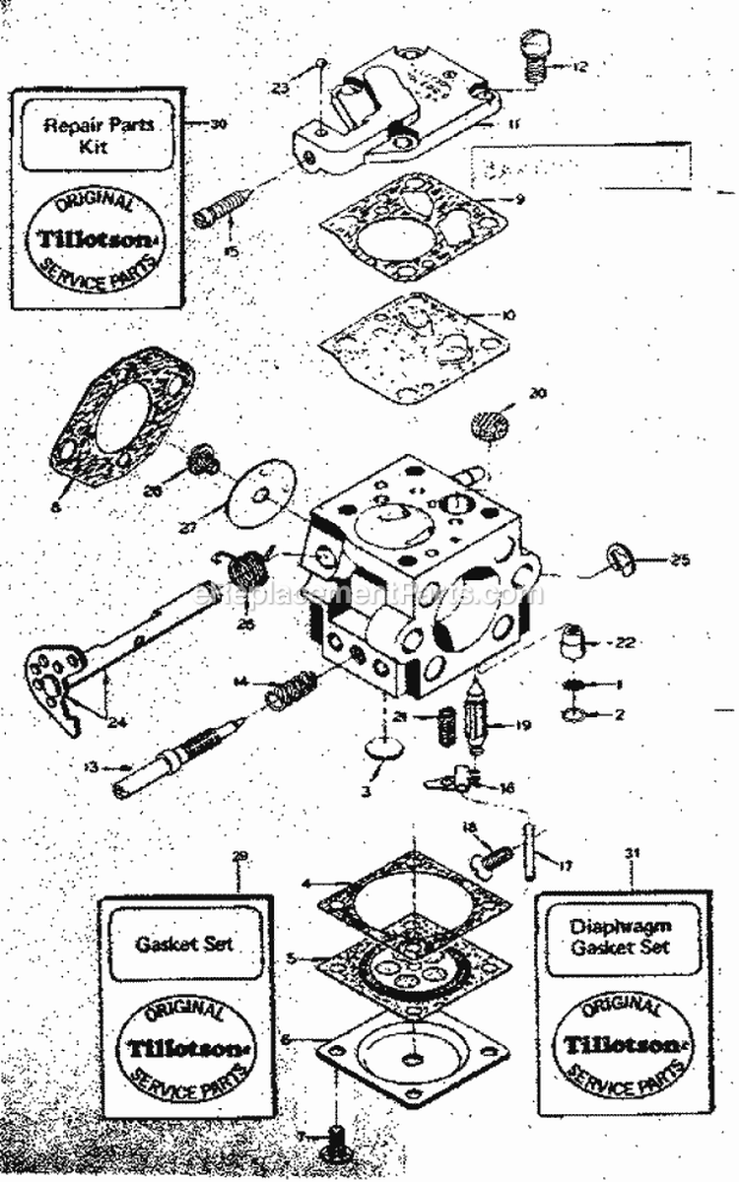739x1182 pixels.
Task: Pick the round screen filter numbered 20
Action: click(483, 426)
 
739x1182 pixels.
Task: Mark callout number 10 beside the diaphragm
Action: click(508, 316)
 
